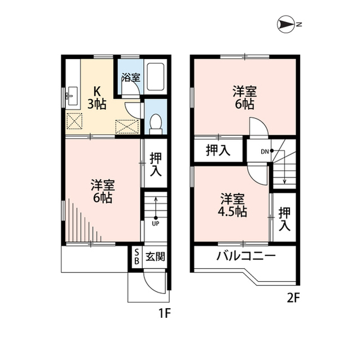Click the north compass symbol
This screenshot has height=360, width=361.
[288, 24]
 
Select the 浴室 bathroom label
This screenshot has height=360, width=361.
[130, 78]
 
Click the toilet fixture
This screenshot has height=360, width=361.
[156, 121]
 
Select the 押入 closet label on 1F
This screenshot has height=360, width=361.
[155, 164]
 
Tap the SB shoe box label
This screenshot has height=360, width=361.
[136, 258]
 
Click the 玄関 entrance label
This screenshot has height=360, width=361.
[155, 258]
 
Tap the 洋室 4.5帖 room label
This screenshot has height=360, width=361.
[232, 205]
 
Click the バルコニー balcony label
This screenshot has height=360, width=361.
[246, 256]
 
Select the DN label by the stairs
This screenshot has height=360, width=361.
[265, 151]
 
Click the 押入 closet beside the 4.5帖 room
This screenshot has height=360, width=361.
[285, 219]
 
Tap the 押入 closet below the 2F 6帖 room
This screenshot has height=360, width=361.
[218, 150]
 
